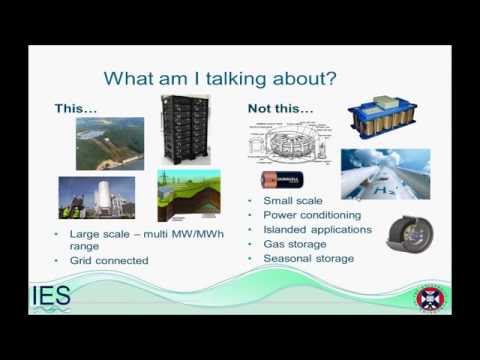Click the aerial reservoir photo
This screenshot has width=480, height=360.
[x=110, y=143]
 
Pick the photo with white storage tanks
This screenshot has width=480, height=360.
[x=96, y=198]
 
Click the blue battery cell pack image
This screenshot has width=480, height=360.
[x=383, y=118]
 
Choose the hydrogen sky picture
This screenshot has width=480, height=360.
[x=385, y=174]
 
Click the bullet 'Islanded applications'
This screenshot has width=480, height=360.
[x=318, y=229]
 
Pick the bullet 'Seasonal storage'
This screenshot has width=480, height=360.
[x=308, y=258]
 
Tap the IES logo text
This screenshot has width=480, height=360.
[x=50, y=297]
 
